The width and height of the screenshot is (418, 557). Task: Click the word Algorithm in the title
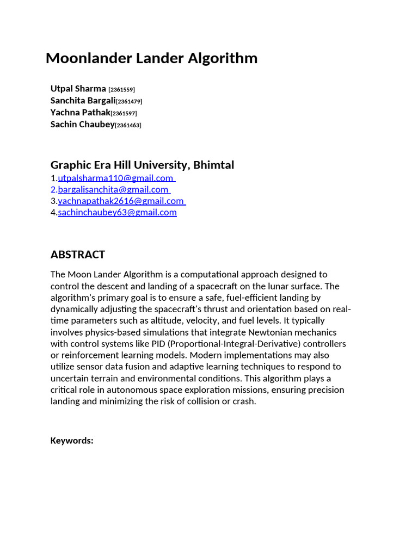(223, 59)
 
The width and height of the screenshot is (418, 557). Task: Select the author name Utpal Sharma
(78, 89)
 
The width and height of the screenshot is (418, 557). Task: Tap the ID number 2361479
(130, 101)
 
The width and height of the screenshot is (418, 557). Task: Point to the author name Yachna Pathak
(80, 113)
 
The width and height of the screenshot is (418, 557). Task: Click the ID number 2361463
(128, 125)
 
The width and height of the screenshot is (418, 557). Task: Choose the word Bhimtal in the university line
(214, 165)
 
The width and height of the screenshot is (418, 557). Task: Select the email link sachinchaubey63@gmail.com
(117, 212)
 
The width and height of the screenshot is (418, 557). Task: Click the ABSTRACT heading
(78, 255)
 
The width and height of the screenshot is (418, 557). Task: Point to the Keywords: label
(72, 441)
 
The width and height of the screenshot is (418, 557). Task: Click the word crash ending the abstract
(243, 401)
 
